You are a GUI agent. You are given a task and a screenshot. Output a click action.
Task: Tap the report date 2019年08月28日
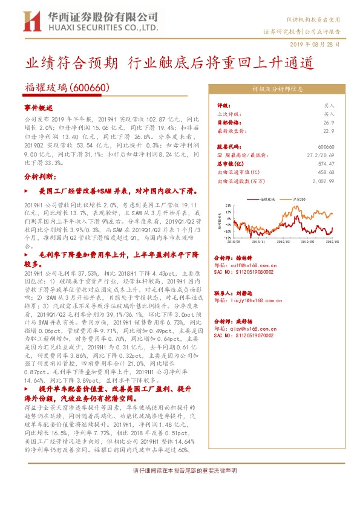(x=320, y=44)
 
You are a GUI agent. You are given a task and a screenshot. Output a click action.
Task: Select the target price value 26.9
(x=329, y=122)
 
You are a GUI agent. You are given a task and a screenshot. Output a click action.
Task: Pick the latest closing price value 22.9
(x=329, y=130)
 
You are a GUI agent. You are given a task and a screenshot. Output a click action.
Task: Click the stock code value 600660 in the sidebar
(x=326, y=146)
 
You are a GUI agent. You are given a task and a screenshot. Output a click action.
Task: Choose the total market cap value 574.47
(x=327, y=163)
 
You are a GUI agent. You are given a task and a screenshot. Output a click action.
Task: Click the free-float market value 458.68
(x=327, y=172)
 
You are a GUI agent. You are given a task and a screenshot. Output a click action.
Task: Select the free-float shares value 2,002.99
(x=324, y=180)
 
